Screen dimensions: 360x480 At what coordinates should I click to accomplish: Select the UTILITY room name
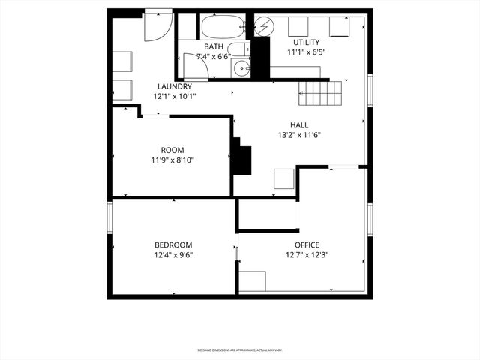pos(307,42)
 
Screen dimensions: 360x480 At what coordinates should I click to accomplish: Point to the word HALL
pos(299,125)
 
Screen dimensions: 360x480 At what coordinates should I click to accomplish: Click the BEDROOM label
pos(173,244)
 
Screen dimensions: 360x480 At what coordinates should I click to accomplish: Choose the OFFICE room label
pos(307,244)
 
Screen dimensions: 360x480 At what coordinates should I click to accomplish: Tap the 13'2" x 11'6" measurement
pos(299,136)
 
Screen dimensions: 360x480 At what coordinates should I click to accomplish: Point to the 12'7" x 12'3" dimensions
pos(307,255)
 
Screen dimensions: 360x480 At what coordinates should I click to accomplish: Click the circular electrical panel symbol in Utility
pos(263,27)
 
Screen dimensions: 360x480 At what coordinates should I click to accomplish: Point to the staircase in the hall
pos(321,94)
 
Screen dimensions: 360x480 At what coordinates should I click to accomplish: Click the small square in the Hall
pos(283,178)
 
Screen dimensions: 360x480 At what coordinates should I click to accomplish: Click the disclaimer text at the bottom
pos(240,349)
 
